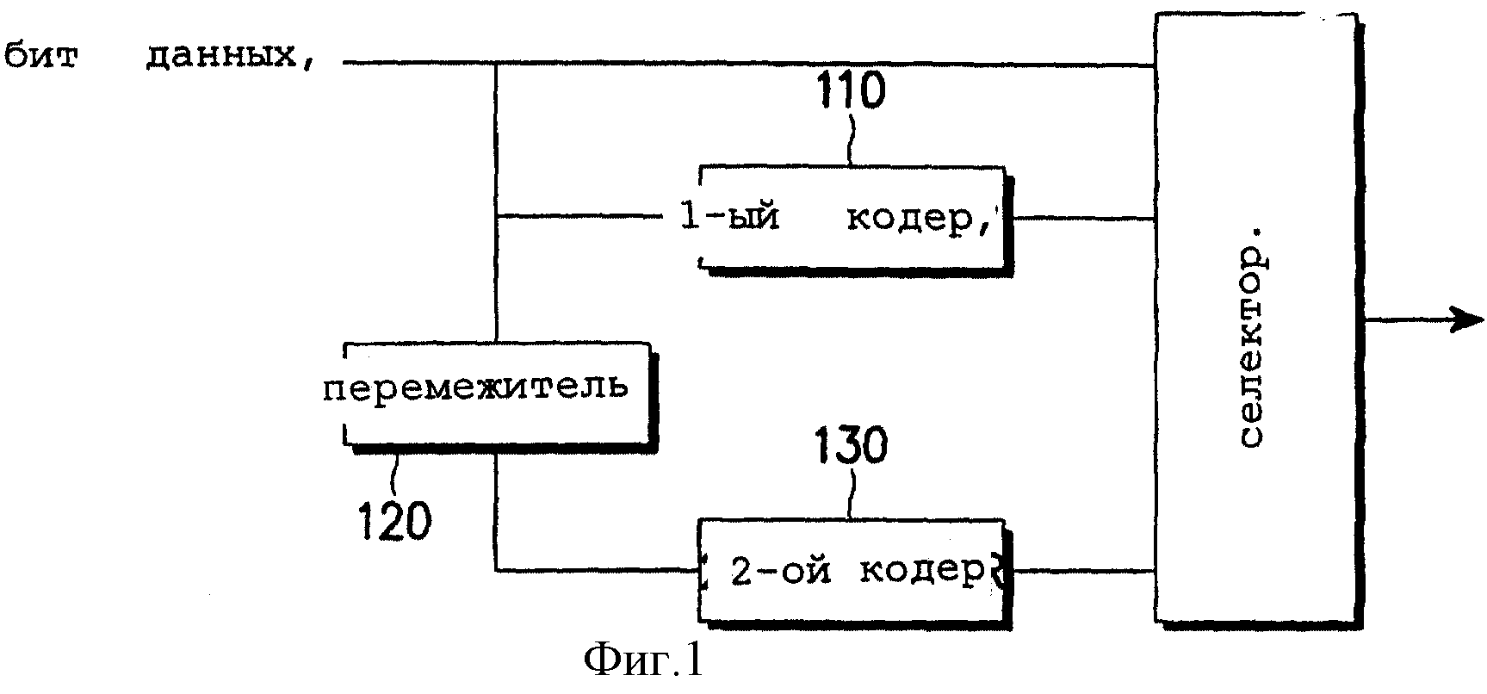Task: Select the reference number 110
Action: (x=852, y=91)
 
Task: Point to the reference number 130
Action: (x=851, y=447)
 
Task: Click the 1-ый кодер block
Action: (x=854, y=218)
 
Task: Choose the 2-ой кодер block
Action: (x=854, y=572)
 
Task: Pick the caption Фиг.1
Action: (x=642, y=661)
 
